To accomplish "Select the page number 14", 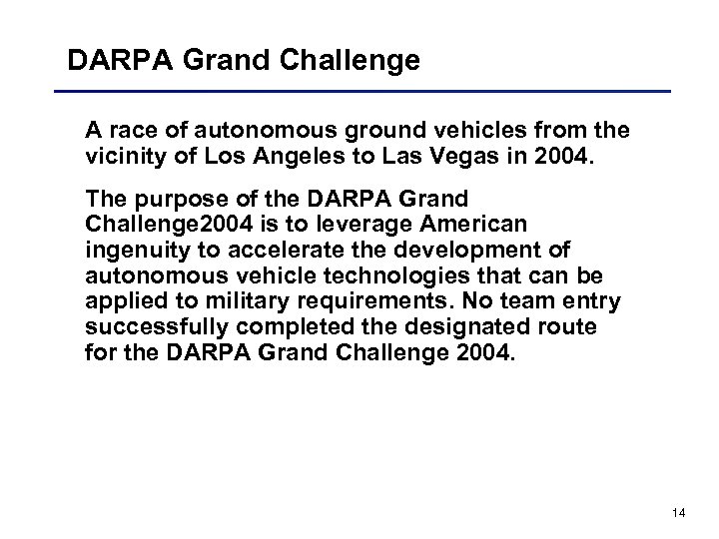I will tap(680, 513).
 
